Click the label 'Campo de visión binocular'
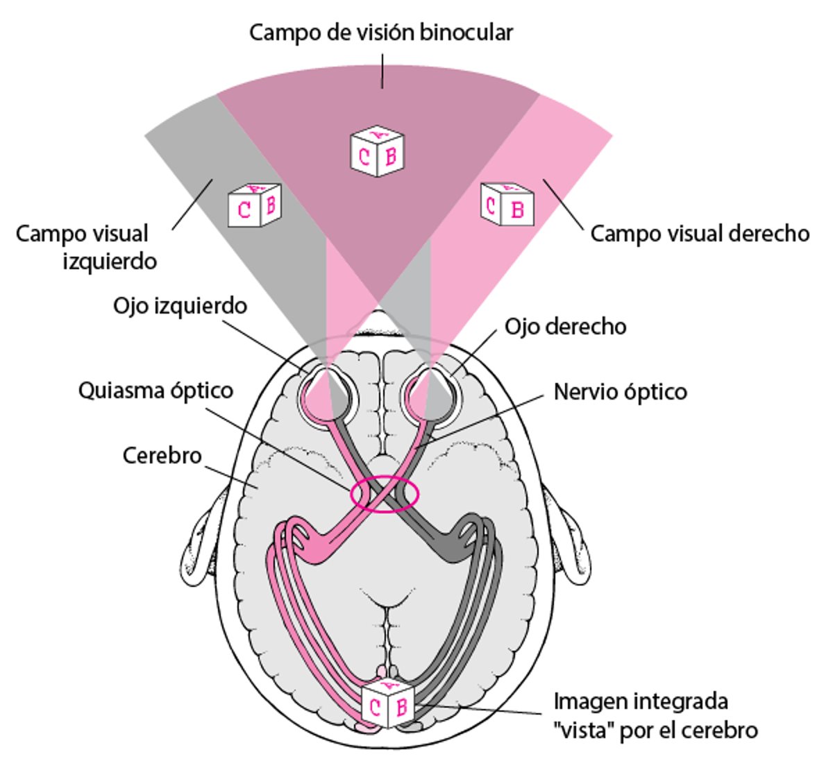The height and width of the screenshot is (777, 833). click(x=381, y=32)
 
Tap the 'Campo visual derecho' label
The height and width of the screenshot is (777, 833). click(x=700, y=233)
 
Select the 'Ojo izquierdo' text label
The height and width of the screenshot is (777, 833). click(x=180, y=305)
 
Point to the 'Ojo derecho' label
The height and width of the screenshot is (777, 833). click(x=565, y=326)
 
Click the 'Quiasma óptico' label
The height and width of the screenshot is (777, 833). click(x=155, y=391)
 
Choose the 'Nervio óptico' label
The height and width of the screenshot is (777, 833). click(x=620, y=392)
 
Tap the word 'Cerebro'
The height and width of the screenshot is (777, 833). click(x=162, y=456)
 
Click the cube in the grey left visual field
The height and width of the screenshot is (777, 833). click(x=254, y=205)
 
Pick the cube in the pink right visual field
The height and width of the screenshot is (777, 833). click(x=507, y=204)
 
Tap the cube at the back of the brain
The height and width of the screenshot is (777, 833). click(x=388, y=703)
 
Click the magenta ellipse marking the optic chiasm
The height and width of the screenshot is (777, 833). click(x=385, y=494)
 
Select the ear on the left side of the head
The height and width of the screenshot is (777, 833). click(x=205, y=534)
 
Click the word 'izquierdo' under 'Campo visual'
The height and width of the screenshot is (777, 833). click(x=110, y=262)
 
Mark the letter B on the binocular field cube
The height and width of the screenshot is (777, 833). click(x=390, y=156)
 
